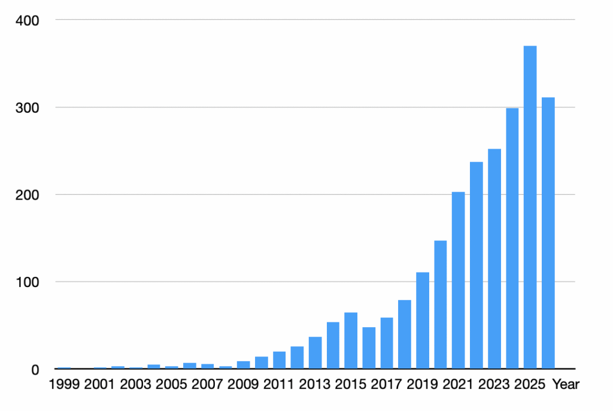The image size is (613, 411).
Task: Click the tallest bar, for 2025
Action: [x=530, y=207]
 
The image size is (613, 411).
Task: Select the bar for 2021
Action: [x=458, y=280]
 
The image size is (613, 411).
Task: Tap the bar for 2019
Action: [x=423, y=321]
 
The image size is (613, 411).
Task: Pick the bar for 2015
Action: [x=351, y=340]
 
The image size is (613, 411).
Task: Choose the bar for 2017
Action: [x=387, y=343]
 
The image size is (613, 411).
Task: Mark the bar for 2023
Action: [x=494, y=259]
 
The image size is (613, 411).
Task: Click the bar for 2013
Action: [x=315, y=353]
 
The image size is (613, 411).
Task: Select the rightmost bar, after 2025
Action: [x=548, y=233]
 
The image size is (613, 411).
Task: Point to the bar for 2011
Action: [x=279, y=360]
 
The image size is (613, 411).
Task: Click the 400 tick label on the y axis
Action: [x=28, y=20]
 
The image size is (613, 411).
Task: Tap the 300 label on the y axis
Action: [x=28, y=108]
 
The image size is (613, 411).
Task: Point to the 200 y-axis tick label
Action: [x=28, y=195]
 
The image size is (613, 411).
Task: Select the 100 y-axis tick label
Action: [x=28, y=282]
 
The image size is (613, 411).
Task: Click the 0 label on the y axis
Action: [x=35, y=370]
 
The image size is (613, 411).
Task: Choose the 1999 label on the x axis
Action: [x=64, y=385]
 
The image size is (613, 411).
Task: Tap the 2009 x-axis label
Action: [x=243, y=385]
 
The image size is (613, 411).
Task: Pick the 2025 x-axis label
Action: [x=530, y=385]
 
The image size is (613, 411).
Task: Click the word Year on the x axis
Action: [x=566, y=385]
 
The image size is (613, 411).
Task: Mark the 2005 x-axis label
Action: [x=171, y=385]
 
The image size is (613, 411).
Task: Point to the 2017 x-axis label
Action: [x=386, y=385]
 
